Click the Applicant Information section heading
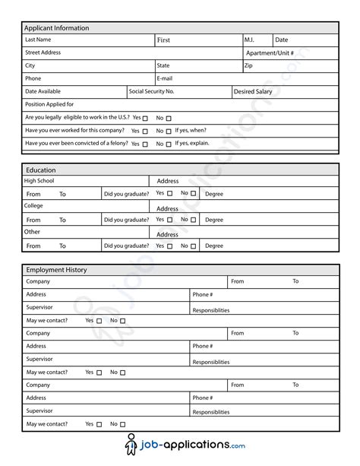(x=57, y=28)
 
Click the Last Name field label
(x=39, y=40)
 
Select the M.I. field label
(x=250, y=40)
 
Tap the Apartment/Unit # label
(x=270, y=53)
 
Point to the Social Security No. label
(x=152, y=91)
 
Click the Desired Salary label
(x=253, y=91)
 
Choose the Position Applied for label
(x=49, y=104)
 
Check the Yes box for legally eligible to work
(x=145, y=119)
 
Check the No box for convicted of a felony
(x=169, y=144)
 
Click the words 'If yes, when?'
(x=191, y=131)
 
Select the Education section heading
(x=41, y=170)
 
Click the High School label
(x=39, y=181)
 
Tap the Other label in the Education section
(x=32, y=232)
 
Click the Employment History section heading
(x=57, y=270)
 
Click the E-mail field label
(x=165, y=78)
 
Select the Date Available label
(x=43, y=91)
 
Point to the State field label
(x=163, y=66)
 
